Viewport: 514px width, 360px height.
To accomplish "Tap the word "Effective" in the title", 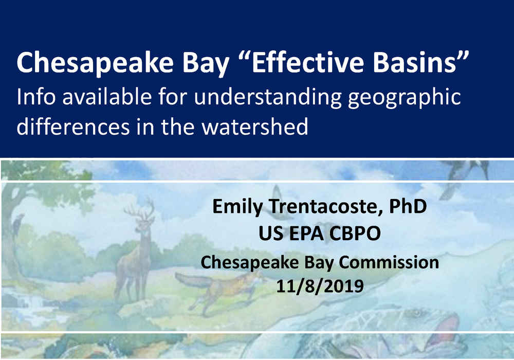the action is pos(307,62).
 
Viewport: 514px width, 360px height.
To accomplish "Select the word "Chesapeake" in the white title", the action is pos(95,63).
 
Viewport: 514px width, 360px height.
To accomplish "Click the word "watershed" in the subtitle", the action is pos(255,127).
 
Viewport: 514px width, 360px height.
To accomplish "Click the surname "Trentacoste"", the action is pos(325,207).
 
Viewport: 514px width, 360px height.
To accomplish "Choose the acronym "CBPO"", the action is pos(355,233).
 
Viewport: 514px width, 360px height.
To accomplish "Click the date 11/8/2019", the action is pos(320,286).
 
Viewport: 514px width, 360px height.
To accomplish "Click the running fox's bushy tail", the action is pos(193,280).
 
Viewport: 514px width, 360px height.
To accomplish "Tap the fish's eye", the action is pos(416,313).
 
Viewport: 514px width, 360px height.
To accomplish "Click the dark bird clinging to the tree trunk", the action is pos(17,224).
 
